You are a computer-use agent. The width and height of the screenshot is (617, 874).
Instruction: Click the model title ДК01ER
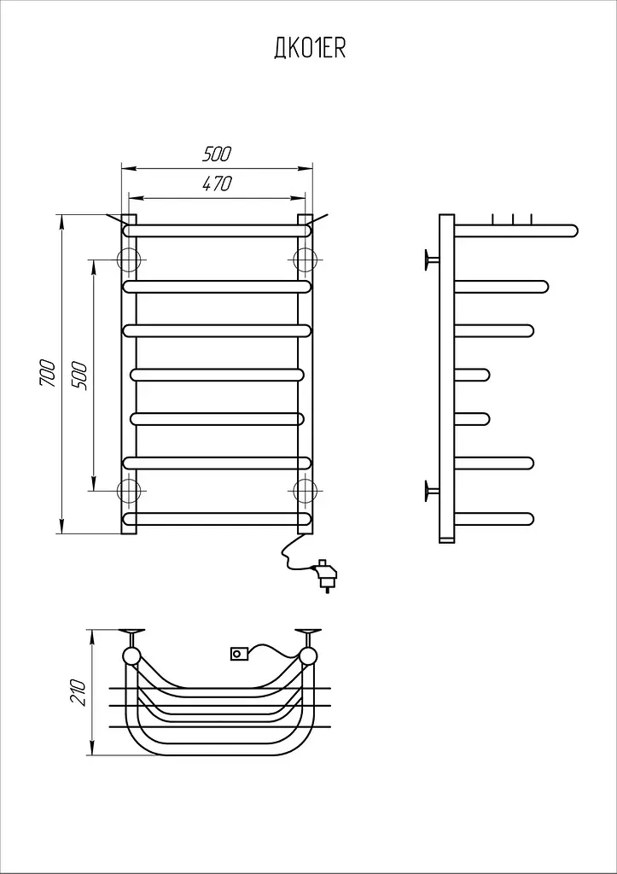[310, 49]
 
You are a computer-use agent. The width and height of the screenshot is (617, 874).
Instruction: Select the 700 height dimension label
[48, 374]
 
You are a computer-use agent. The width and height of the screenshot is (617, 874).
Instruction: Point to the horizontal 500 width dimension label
[216, 154]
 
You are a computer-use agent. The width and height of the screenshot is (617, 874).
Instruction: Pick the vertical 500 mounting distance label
[79, 376]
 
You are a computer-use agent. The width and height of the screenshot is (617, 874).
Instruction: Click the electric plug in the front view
[325, 574]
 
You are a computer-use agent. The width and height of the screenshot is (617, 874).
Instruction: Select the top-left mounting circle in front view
[129, 259]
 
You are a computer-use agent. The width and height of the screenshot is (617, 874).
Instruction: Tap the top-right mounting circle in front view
[305, 259]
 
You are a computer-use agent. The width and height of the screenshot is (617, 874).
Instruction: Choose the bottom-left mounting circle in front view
[129, 491]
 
